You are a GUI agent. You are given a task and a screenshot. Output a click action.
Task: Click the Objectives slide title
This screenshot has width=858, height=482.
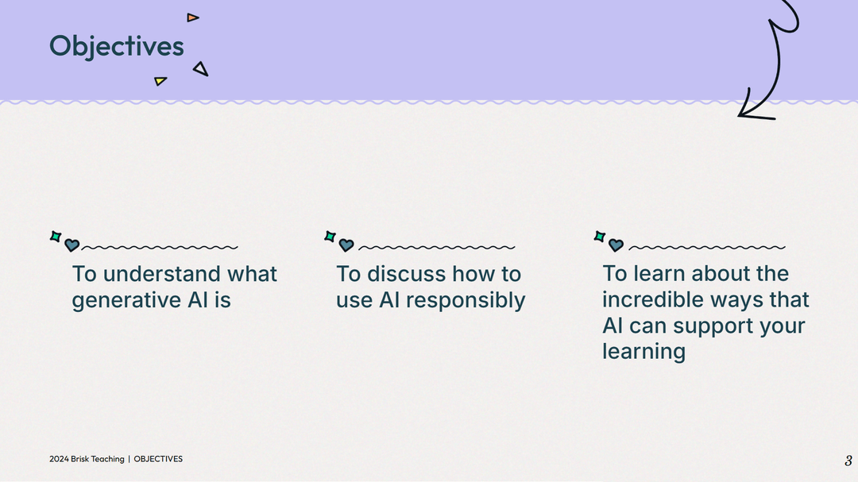(x=116, y=46)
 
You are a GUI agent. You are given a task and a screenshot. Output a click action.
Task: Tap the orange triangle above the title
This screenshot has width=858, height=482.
(x=192, y=17)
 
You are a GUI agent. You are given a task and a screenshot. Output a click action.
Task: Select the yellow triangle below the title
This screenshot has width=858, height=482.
(x=160, y=80)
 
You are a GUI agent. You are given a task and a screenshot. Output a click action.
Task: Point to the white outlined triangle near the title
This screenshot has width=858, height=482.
(x=201, y=69)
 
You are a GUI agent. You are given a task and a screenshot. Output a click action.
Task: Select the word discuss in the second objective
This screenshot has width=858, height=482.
(x=408, y=274)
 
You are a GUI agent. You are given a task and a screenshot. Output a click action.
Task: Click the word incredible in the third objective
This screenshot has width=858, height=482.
(x=653, y=299)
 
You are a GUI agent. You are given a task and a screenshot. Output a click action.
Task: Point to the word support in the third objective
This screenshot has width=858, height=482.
(x=716, y=326)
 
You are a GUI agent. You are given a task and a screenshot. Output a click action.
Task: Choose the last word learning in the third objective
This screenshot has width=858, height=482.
(x=643, y=352)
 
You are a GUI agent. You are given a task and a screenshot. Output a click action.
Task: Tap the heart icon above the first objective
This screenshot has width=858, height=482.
(x=72, y=245)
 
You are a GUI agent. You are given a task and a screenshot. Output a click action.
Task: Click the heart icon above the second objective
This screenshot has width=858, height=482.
(x=346, y=245)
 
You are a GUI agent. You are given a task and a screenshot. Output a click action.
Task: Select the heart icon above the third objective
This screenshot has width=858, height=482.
(x=616, y=245)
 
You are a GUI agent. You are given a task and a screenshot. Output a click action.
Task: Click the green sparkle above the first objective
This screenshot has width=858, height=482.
(x=56, y=236)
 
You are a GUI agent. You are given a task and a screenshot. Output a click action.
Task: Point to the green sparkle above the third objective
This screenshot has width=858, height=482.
(x=600, y=236)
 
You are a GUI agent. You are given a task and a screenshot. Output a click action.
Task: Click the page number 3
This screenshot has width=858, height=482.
(x=848, y=461)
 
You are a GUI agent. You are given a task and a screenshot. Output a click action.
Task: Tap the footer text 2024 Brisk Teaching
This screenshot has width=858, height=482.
(x=87, y=459)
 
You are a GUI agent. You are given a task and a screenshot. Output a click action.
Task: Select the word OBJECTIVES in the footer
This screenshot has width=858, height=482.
(x=158, y=459)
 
